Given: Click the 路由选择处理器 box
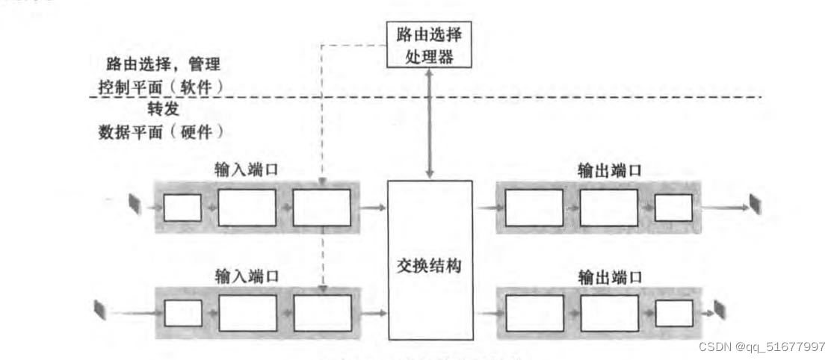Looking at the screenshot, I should pyautogui.click(x=430, y=45).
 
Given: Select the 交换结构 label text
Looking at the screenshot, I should pyautogui.click(x=430, y=264).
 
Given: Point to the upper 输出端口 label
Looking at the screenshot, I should pyautogui.click(x=610, y=170).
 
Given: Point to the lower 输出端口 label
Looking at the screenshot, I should pyautogui.click(x=610, y=277).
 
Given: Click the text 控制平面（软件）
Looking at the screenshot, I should pyautogui.click(x=161, y=85).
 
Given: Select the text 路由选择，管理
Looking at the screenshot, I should pyautogui.click(x=161, y=63).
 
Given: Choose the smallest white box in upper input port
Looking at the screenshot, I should pyautogui.click(x=182, y=208).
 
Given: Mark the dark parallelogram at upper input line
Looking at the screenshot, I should pyautogui.click(x=135, y=203).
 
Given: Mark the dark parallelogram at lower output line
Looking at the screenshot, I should pyautogui.click(x=720, y=308).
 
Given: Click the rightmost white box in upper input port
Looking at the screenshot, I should pyautogui.click(x=321, y=208).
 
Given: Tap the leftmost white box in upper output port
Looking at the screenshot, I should pyautogui.click(x=534, y=208).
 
